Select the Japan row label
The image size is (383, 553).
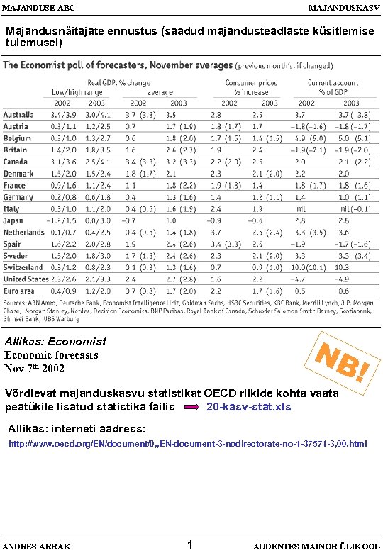pos(13,220)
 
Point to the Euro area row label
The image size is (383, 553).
pos(19,291)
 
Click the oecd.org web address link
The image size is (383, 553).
pos(187,444)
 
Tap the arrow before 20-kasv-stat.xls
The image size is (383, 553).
pos(192,408)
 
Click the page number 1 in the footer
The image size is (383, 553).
pos(190,544)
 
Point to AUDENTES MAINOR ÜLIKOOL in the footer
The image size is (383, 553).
pos(316,546)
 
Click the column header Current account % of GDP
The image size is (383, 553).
pos(333,87)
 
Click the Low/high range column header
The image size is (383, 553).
pos(77,91)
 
